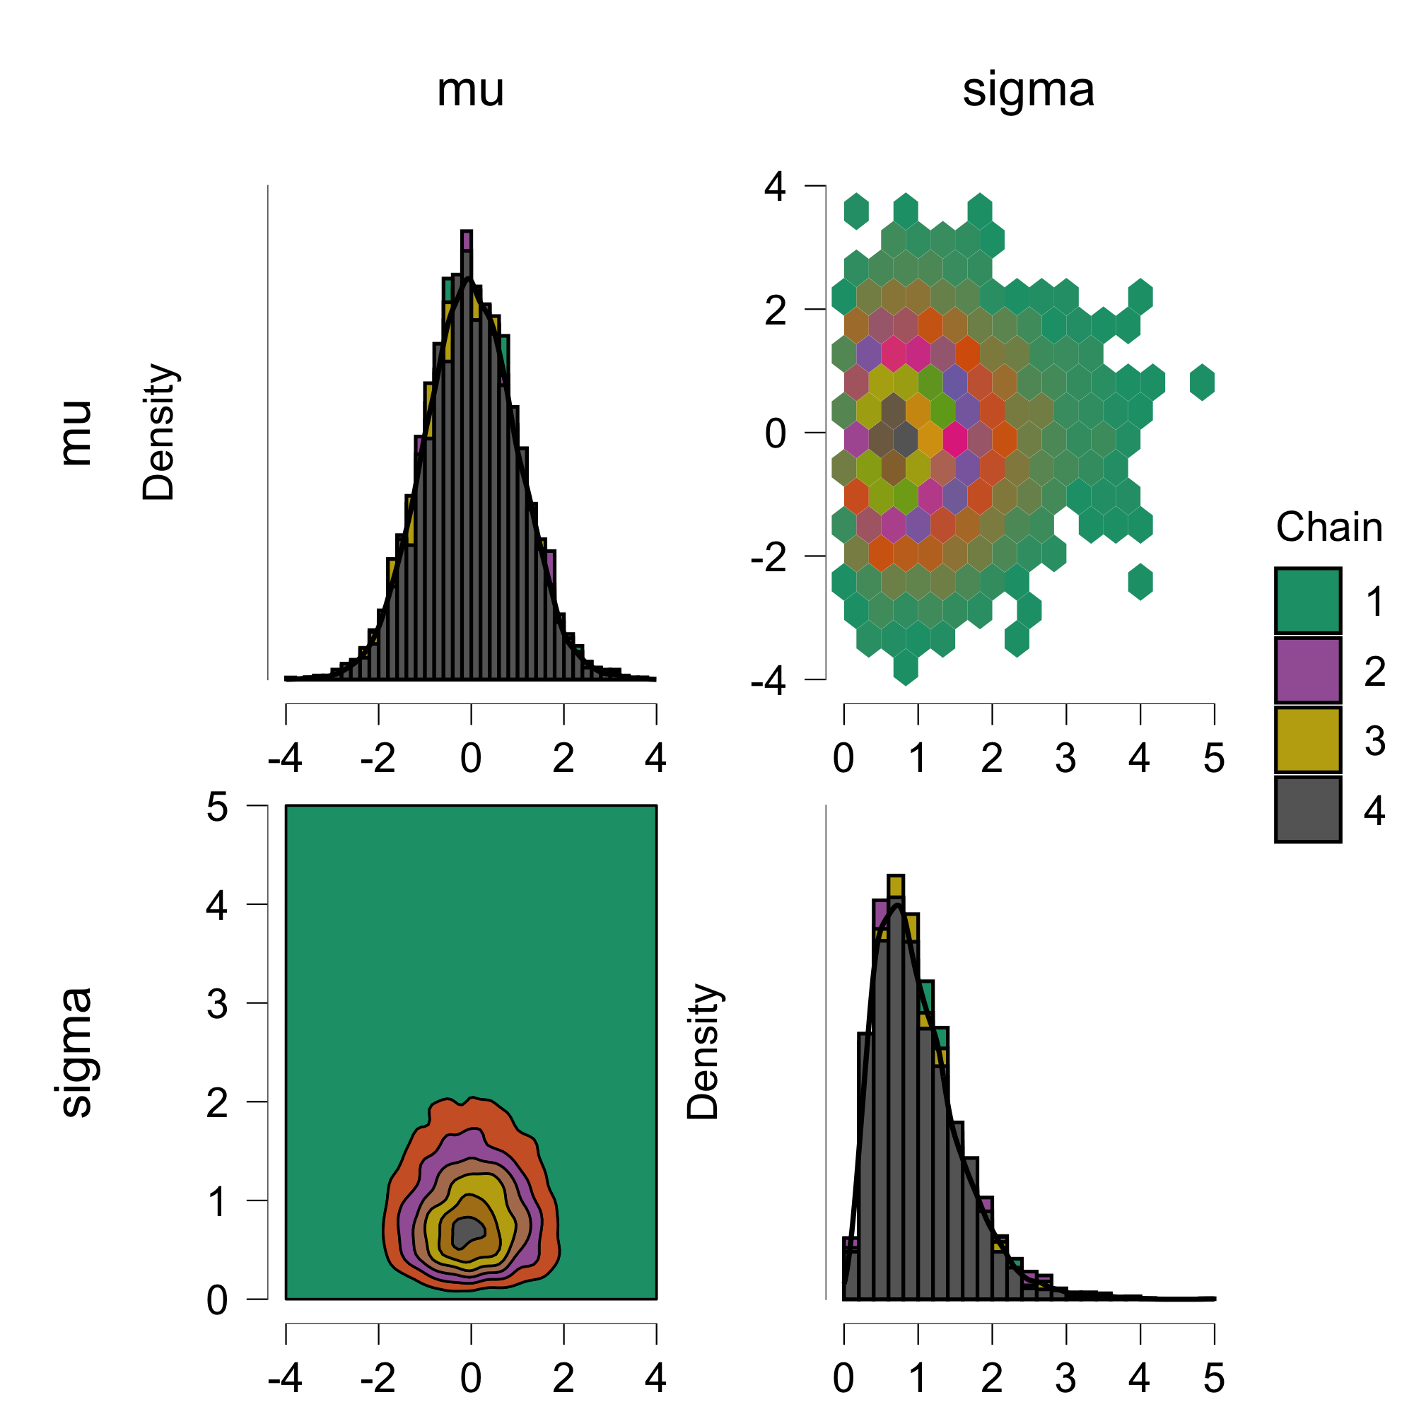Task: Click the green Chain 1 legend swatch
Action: pyautogui.click(x=1307, y=600)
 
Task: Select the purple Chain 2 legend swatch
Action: pyautogui.click(x=1307, y=670)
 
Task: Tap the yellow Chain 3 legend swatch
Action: pyautogui.click(x=1307, y=740)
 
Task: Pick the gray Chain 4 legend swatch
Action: pyautogui.click(x=1307, y=809)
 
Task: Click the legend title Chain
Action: pyautogui.click(x=1328, y=527)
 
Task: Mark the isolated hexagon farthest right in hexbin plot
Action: pyautogui.click(x=1202, y=382)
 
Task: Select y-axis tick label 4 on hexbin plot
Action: pyautogui.click(x=775, y=187)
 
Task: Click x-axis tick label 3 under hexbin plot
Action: pyautogui.click(x=1065, y=759)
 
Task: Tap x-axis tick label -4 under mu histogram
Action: pyautogui.click(x=285, y=759)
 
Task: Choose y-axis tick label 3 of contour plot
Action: pyautogui.click(x=216, y=1004)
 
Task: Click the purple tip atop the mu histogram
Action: pyautogui.click(x=466, y=241)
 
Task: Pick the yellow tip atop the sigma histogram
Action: pyautogui.click(x=895, y=886)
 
